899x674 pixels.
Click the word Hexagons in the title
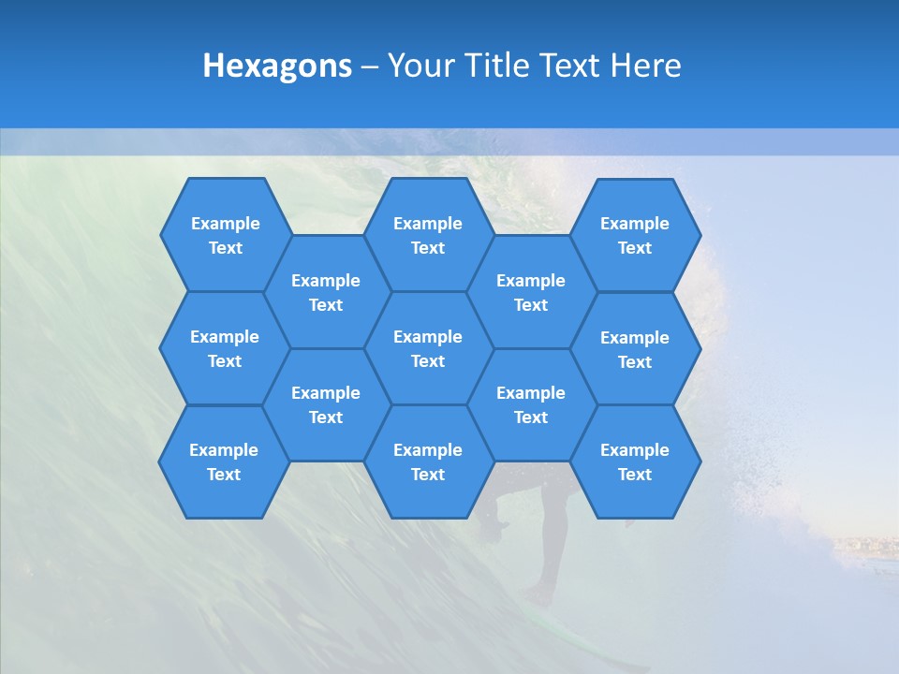coord(277,66)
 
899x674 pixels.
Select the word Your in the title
coord(419,66)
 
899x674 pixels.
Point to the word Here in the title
coord(646,66)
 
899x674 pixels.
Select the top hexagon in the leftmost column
coord(226,235)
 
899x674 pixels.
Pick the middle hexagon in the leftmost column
coord(225,348)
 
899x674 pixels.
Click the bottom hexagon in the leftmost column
coord(224,462)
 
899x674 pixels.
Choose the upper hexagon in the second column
coord(326,292)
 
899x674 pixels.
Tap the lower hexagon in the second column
coord(326,404)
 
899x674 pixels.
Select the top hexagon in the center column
coord(428,235)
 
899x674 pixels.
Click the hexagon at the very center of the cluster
coord(428,348)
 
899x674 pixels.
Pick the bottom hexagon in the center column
coord(428,462)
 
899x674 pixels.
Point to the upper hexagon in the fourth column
coord(531,292)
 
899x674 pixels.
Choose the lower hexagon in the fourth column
coord(531,404)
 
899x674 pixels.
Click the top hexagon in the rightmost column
coord(635,235)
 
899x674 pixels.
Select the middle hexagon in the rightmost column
coord(635,349)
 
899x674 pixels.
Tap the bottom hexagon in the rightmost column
coord(635,462)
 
